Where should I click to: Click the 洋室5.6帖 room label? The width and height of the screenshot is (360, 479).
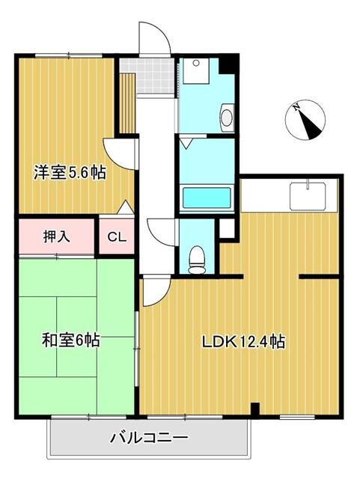click(x=68, y=172)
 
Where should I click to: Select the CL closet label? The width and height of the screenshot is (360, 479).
click(x=117, y=238)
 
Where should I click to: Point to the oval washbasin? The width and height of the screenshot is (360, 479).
click(x=228, y=117)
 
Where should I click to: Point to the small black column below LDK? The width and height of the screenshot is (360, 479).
click(x=256, y=409)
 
